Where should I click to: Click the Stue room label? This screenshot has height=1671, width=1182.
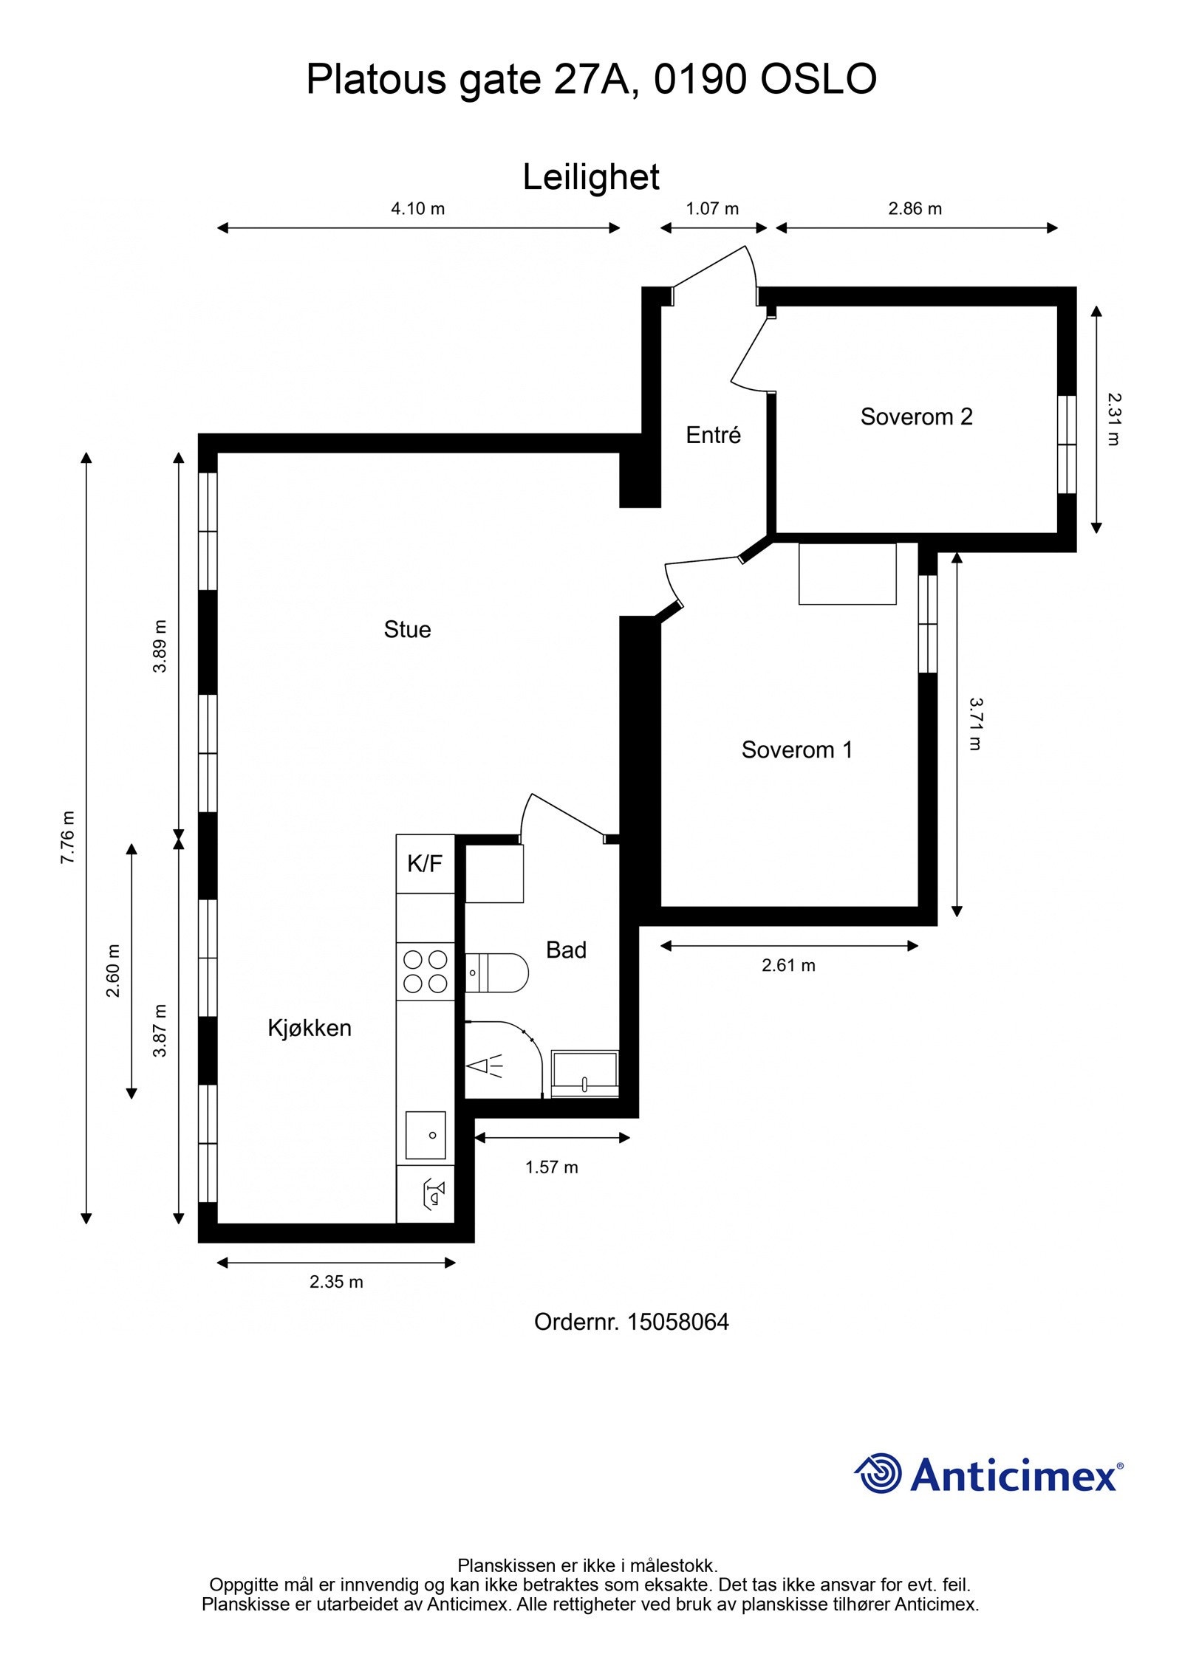point(407,629)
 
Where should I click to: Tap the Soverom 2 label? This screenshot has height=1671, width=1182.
point(916,416)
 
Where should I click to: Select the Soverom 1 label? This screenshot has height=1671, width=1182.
point(796,749)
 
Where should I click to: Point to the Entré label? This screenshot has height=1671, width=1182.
point(713,435)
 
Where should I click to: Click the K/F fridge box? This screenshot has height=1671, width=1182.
point(425,863)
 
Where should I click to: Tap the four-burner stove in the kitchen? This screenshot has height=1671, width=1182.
point(426,971)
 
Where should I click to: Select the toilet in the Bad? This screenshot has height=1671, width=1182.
point(499,972)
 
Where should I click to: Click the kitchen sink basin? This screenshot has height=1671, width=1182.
point(426,1135)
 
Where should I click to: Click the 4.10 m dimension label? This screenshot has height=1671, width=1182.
point(417,209)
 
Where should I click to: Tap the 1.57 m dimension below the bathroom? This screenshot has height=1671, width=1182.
point(551,1167)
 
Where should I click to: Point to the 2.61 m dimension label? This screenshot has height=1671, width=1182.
point(788,965)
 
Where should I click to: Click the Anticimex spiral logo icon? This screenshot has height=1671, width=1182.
point(878,1474)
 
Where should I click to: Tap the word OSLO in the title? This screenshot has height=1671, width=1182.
point(819,79)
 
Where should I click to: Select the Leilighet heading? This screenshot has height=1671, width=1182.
point(591,177)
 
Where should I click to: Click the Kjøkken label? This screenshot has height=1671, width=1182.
point(310,1028)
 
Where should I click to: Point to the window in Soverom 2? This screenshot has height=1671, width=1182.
point(1066,445)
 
